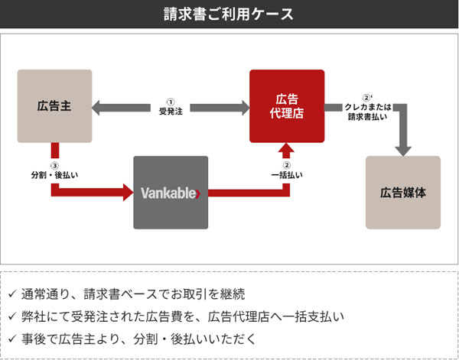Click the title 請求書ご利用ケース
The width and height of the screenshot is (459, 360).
point(229,14)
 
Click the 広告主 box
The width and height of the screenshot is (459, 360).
point(54,105)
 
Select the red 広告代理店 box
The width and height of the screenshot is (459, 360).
point(287,105)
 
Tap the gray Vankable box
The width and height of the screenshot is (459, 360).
point(171,192)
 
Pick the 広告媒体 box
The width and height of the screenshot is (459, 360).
point(403,192)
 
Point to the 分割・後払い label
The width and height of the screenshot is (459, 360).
point(54,175)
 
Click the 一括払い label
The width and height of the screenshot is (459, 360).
point(287,175)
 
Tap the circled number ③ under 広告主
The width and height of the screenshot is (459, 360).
point(54,165)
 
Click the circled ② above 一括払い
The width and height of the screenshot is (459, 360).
point(287,165)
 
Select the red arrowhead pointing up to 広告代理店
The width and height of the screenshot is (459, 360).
point(287,148)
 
